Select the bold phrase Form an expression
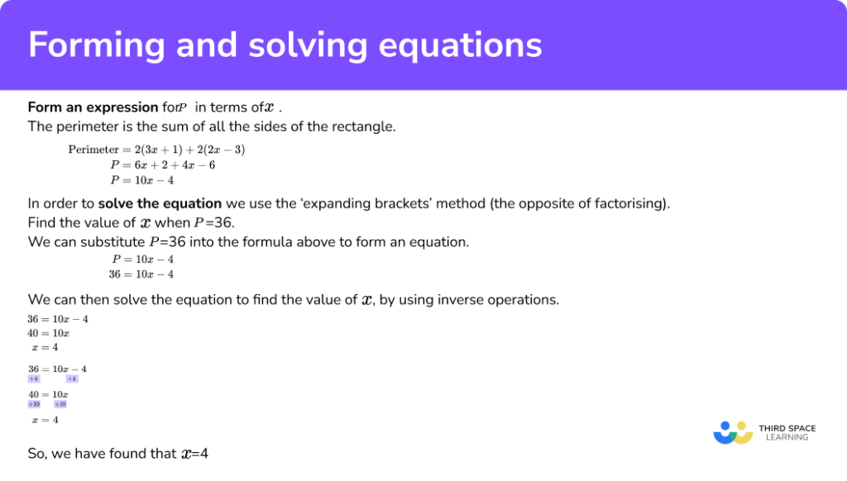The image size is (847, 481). [x=93, y=107]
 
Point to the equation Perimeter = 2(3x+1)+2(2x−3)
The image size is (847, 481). [x=156, y=150]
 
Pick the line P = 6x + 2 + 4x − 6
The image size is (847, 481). [x=163, y=164]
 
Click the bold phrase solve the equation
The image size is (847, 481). [x=160, y=203]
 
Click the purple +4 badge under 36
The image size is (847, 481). [x=34, y=379]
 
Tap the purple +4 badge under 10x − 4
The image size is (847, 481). [x=71, y=379]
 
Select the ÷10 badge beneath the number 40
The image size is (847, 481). [x=34, y=405]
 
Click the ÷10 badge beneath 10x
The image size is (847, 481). [x=60, y=405]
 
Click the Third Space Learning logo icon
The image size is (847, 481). [x=731, y=432]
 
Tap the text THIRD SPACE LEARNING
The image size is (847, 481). [x=787, y=432]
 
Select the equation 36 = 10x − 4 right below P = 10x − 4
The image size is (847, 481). [x=141, y=274]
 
